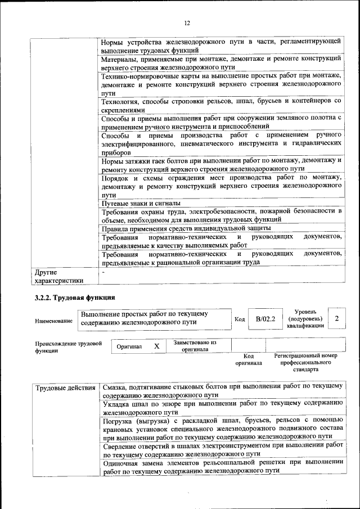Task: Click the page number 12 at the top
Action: point(187,23)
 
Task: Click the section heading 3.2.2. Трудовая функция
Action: point(75,297)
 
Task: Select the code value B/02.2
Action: point(265,319)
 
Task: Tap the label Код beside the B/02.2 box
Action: point(239,319)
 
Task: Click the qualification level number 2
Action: point(336,319)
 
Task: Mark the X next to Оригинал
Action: point(157,346)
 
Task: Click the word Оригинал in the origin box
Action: point(129,347)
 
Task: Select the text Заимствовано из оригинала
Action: point(195,345)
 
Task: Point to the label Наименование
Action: point(53,321)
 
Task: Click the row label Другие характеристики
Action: point(59,276)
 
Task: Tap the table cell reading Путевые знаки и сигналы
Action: point(141,202)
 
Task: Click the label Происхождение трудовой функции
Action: point(68,346)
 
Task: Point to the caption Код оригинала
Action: point(249,359)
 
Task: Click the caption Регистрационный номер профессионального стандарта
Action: point(305,363)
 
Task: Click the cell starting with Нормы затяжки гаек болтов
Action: point(221,164)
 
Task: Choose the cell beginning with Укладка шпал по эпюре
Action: point(221,407)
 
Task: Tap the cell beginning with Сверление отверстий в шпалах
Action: point(221,448)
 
